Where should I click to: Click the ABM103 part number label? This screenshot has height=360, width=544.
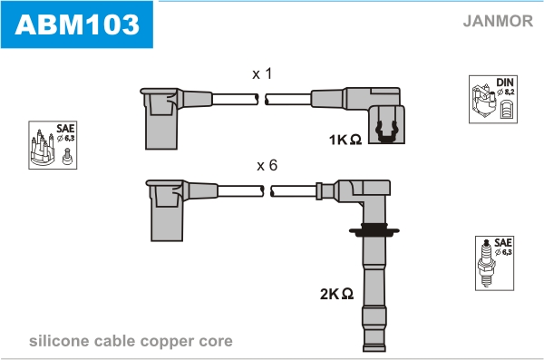[77, 24]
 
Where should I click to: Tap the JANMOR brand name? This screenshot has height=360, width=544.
[498, 21]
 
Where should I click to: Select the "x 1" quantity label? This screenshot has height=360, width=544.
[262, 73]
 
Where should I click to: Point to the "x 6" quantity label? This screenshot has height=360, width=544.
[267, 165]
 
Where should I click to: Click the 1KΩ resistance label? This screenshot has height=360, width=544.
[345, 140]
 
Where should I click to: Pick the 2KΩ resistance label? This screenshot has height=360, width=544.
[336, 294]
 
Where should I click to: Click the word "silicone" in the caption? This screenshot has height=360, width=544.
[59, 341]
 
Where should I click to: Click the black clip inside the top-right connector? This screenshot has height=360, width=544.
[386, 131]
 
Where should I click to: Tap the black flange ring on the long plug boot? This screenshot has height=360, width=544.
[374, 230]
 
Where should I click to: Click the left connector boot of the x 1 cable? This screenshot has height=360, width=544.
[161, 118]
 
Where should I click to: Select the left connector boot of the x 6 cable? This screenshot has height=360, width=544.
[167, 210]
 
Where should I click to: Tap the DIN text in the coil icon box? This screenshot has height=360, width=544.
[505, 83]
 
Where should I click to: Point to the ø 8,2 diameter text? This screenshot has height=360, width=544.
[506, 92]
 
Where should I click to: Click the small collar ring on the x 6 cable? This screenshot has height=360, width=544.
[319, 191]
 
